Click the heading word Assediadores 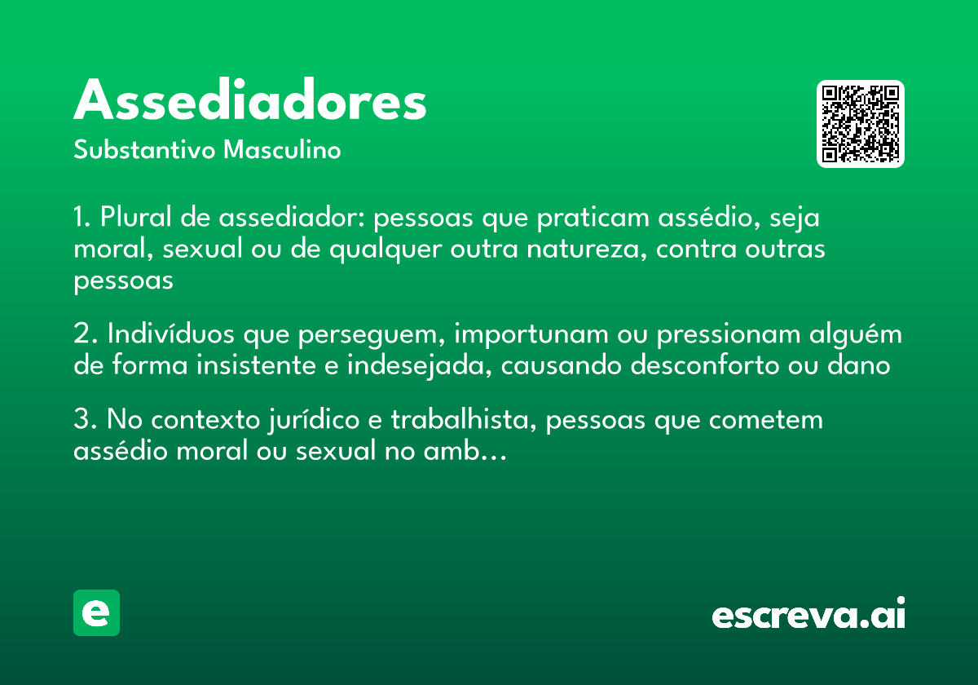250,101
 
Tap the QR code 861,124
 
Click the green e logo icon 96,612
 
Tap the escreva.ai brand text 808,615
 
